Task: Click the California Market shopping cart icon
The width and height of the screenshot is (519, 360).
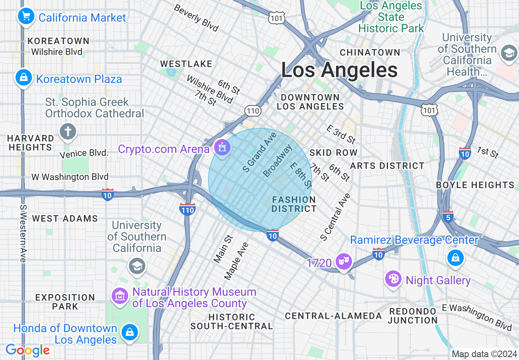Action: pos(26,17)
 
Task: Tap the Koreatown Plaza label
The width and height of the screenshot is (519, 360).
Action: pos(79,79)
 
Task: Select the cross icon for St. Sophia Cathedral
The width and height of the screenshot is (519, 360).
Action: pos(68,132)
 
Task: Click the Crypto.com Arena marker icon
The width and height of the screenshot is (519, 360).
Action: pos(222,147)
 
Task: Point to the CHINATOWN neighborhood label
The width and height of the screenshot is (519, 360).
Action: pos(370,52)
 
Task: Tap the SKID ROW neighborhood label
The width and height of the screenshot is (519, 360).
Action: pos(333,153)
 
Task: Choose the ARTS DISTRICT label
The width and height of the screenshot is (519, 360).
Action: pos(387,166)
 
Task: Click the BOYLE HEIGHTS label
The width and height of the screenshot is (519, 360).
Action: pos(475,185)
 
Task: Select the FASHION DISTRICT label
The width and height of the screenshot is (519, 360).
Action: pos(294,204)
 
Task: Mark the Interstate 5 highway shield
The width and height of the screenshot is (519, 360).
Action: pos(448,216)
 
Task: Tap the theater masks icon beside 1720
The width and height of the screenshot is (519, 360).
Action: pos(343,261)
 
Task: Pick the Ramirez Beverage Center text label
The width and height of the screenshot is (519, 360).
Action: pos(414,240)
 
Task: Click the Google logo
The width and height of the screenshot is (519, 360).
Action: pos(27,350)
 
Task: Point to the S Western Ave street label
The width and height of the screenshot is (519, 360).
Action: pos(23,233)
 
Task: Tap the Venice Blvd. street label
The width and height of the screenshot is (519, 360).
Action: pos(83,153)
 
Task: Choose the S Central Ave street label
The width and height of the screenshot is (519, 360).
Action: pos(336,217)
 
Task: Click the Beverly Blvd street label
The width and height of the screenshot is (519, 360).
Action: pos(196,18)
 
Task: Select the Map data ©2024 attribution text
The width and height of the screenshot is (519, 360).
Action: pos(484,354)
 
